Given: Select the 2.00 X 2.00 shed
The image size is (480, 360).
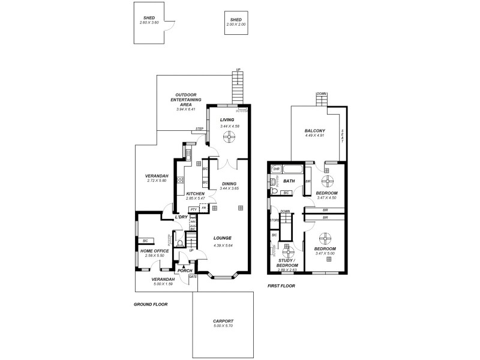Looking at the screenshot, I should pyautogui.click(x=235, y=22).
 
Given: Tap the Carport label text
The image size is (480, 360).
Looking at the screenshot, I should pyautogui.click(x=223, y=321).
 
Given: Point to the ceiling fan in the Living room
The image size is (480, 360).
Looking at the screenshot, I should pyautogui.click(x=229, y=137).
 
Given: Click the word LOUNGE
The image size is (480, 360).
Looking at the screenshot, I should pyautogui.click(x=223, y=238).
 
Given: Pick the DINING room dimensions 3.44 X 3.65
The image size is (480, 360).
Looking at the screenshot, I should pyautogui.click(x=229, y=188).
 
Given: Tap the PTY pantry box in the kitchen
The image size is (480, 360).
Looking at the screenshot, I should pyautogui.click(x=194, y=209).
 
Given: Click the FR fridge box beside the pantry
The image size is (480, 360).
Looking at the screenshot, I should pyautogui.click(x=204, y=208).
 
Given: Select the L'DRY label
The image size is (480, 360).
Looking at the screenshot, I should pyautogui.click(x=182, y=217).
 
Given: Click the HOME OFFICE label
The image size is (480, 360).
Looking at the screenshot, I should pyautogui.click(x=154, y=251).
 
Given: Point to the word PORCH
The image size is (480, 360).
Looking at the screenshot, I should pyautogui.click(x=185, y=271).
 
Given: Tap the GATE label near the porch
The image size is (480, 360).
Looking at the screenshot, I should pyautogui.click(x=193, y=277).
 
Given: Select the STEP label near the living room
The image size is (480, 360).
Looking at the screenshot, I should pyautogui.click(x=200, y=129).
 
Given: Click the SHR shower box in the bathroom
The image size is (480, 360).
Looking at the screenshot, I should pyautogui.click(x=276, y=169).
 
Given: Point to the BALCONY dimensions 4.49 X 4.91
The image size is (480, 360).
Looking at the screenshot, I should pyautogui.click(x=314, y=136).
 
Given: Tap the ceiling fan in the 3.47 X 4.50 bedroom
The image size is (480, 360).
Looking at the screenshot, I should pyautogui.click(x=328, y=178).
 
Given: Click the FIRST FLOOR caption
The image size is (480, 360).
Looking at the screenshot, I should pyautogui.click(x=281, y=286).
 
